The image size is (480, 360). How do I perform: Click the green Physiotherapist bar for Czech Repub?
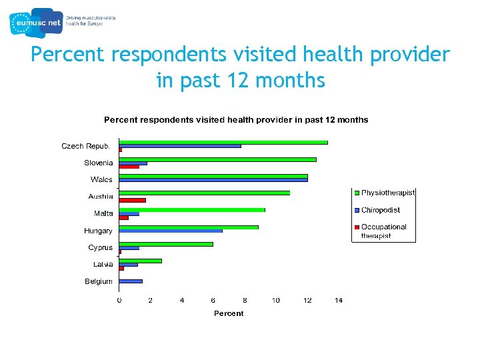pyautogui.click(x=223, y=142)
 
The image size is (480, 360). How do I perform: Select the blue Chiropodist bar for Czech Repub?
pyautogui.click(x=180, y=146)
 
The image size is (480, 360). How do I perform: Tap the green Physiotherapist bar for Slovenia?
pyautogui.click(x=217, y=159)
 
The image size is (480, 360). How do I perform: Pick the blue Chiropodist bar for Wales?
pyautogui.click(x=213, y=180)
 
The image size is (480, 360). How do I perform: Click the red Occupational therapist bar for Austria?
pyautogui.click(x=132, y=200)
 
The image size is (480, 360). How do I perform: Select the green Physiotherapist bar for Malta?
pyautogui.click(x=192, y=210)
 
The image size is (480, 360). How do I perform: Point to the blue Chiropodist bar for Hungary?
pyautogui.click(x=171, y=231)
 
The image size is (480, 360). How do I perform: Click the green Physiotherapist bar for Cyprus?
pyautogui.click(x=166, y=244)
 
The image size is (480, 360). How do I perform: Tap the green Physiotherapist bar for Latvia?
pyautogui.click(x=140, y=261)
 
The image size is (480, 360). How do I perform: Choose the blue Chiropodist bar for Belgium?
pyautogui.click(x=131, y=281)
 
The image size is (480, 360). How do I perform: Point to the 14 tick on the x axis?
pyautogui.click(x=338, y=301)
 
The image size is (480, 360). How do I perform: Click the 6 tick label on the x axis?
pyautogui.click(x=213, y=301)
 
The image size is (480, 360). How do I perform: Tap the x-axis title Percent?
pyautogui.click(x=229, y=313)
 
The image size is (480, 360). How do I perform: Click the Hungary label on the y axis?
pyautogui.click(x=98, y=231)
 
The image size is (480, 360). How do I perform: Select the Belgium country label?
pyautogui.click(x=99, y=281)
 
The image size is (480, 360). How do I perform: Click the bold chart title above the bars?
pyautogui.click(x=236, y=120)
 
